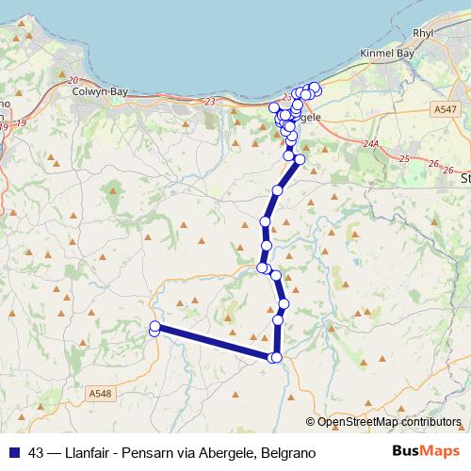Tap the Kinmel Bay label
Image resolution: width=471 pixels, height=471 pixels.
click(387, 55)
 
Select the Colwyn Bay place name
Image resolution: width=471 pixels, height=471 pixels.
click(100, 91)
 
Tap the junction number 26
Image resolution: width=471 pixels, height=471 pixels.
click(434, 164)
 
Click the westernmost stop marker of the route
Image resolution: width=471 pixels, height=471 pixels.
click(154, 328)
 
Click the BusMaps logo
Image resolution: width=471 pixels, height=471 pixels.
click(426, 451)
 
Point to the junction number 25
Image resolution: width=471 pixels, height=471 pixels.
click(405, 158)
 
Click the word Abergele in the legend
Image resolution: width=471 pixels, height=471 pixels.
click(227, 452)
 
